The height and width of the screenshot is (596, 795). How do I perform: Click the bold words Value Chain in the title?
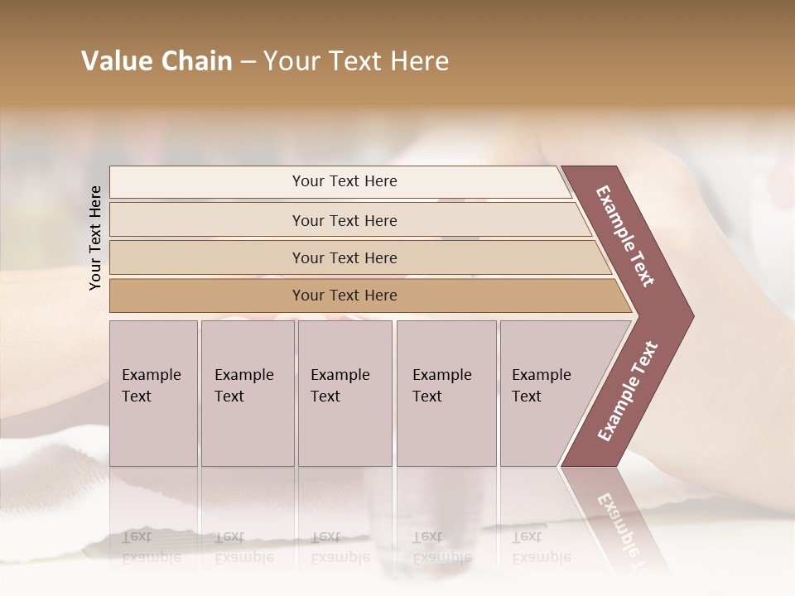pyautogui.click(x=157, y=61)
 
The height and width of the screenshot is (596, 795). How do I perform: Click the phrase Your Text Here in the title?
pyautogui.click(x=356, y=61)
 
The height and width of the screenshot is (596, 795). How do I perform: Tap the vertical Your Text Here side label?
pyautogui.click(x=95, y=238)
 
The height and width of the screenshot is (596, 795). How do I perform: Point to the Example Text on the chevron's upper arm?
pyautogui.click(x=625, y=236)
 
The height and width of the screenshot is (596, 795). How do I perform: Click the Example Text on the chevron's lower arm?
pyautogui.click(x=628, y=392)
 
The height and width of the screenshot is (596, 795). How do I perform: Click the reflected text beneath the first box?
pyautogui.click(x=152, y=547)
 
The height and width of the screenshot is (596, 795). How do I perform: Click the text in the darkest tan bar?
pyautogui.click(x=344, y=296)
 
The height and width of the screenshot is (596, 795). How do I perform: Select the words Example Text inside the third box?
pyautogui.click(x=340, y=386)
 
